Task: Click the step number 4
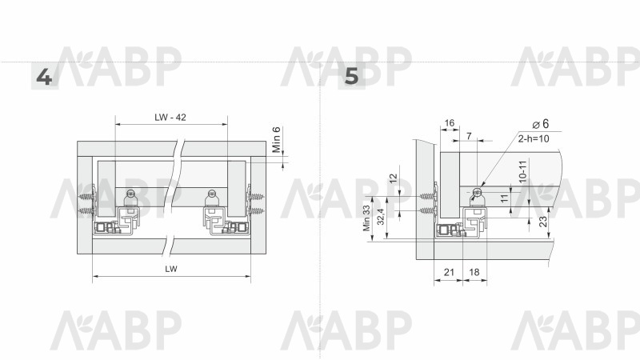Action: pyautogui.click(x=44, y=77)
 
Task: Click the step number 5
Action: pyautogui.click(x=351, y=76)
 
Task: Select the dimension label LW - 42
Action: pyautogui.click(x=170, y=118)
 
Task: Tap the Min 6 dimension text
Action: pyautogui.click(x=277, y=139)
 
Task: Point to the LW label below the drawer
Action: pyautogui.click(x=171, y=269)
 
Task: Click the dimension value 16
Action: pyautogui.click(x=450, y=123)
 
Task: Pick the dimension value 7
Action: pyautogui.click(x=469, y=136)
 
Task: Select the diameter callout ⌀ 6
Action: pyautogui.click(x=541, y=124)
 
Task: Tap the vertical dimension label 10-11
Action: pyautogui.click(x=523, y=171)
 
